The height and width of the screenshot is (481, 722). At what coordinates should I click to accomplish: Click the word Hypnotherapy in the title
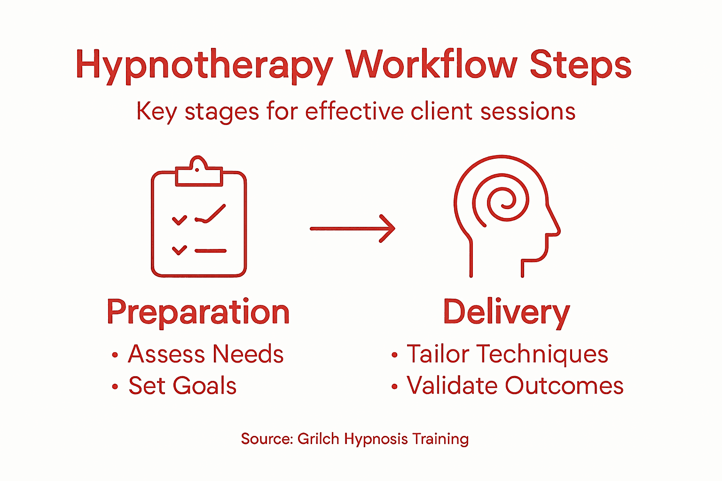click(204, 66)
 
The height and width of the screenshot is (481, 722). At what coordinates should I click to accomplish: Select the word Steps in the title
click(581, 66)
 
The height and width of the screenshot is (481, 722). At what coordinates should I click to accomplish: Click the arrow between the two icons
click(353, 228)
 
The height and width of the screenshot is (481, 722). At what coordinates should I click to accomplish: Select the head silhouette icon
click(506, 216)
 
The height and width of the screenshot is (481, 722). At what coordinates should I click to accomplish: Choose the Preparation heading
click(198, 312)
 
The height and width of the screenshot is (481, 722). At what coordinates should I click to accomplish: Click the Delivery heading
click(506, 312)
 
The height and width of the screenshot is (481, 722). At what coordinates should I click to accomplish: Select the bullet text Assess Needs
click(206, 354)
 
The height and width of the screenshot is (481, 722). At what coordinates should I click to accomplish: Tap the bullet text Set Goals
click(182, 386)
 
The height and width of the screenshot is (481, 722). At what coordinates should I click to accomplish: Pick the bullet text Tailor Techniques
click(507, 354)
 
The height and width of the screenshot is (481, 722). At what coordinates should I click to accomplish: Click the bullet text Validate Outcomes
click(515, 386)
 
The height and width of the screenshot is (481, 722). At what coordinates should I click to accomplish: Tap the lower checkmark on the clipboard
click(179, 250)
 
